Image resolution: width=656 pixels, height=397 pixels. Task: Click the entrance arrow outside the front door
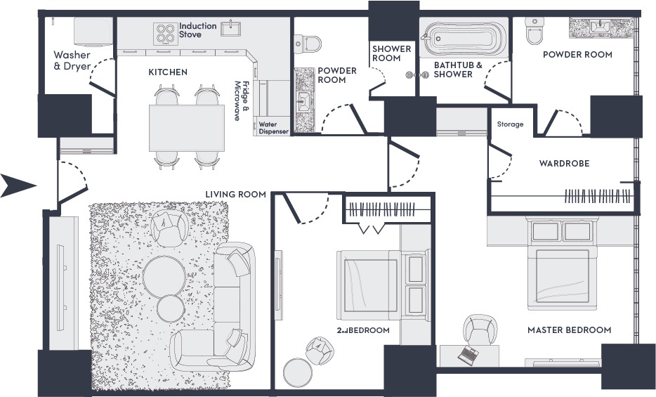(x=17, y=185)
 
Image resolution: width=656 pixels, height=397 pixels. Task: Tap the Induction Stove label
(x=198, y=30)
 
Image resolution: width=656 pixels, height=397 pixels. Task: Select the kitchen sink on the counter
(x=231, y=28)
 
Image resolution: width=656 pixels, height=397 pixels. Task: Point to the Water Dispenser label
(x=274, y=128)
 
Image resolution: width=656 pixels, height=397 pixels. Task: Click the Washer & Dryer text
(x=72, y=60)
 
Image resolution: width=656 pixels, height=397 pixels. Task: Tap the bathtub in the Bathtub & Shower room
(x=464, y=39)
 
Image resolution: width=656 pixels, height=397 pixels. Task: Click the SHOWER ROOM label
(x=392, y=53)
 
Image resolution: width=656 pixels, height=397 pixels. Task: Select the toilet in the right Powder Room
(x=534, y=30)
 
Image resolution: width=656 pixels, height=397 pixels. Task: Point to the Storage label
(x=510, y=124)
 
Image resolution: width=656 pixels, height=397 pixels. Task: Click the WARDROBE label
(x=564, y=163)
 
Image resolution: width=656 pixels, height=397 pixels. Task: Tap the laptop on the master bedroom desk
(x=468, y=355)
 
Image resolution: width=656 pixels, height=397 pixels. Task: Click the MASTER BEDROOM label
(x=569, y=330)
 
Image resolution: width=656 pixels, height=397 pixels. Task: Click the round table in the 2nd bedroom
(x=298, y=372)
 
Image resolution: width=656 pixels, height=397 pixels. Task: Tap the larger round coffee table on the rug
(x=164, y=276)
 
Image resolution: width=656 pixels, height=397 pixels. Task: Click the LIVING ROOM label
(x=235, y=194)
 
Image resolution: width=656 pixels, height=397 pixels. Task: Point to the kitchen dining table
(x=187, y=128)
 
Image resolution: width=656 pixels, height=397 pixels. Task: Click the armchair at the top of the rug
(x=169, y=228)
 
